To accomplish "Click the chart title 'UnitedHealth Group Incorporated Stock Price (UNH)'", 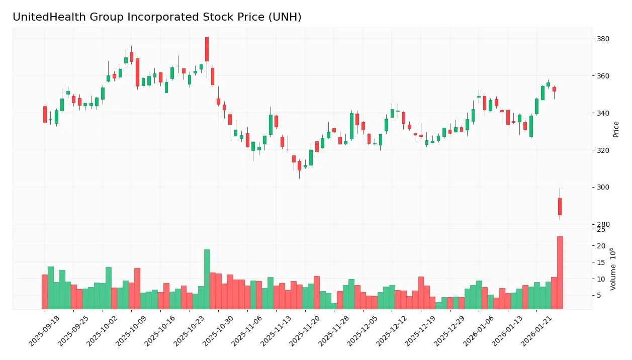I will (x=157, y=17).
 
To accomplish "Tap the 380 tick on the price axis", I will (x=603, y=39).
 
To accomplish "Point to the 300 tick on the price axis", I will (x=603, y=188).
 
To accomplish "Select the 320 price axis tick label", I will (x=603, y=150).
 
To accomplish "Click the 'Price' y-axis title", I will (x=616, y=129).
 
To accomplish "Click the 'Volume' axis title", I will (x=613, y=269).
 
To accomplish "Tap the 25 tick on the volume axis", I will (x=601, y=230).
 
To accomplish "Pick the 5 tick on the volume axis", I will (x=599, y=295).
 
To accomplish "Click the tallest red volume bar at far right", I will (x=560, y=273).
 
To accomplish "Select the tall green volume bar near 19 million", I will (x=207, y=279).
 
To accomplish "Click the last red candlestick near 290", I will (x=560, y=207).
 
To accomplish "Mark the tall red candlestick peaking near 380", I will (x=207, y=49).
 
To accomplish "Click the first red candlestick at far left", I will (x=45, y=114).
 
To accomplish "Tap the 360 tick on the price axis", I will (x=603, y=76).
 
